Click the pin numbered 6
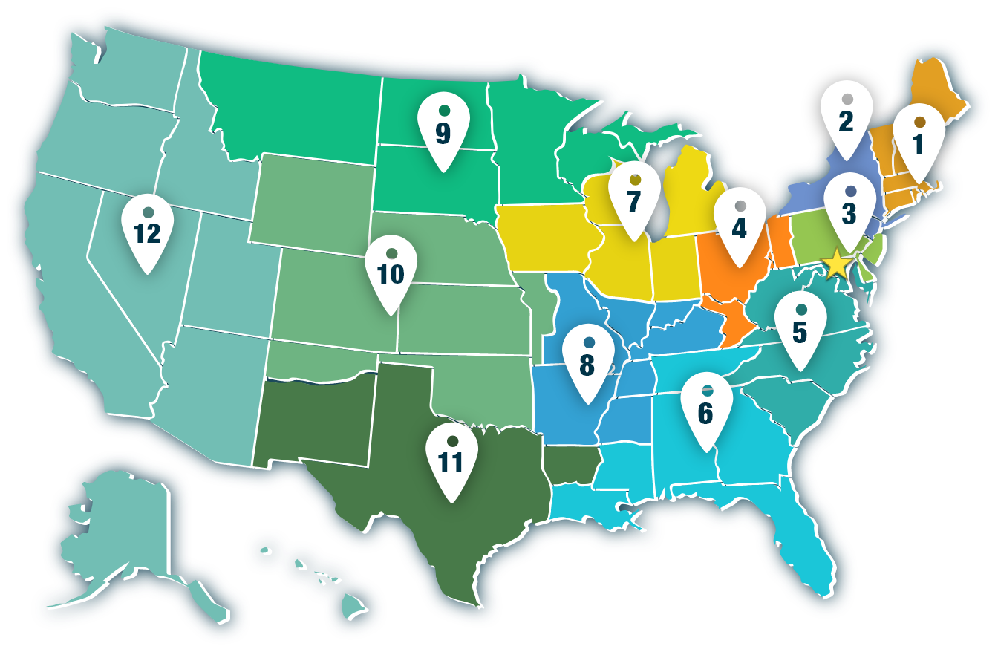[706, 409]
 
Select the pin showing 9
[443, 131]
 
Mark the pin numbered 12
[147, 231]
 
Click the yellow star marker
[836, 262]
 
